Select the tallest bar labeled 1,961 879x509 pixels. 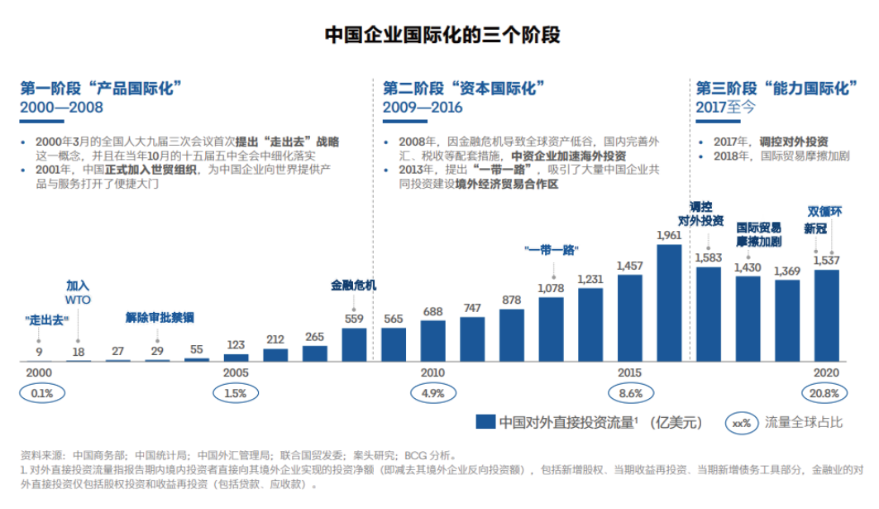tap(668, 302)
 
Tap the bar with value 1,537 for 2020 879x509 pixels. tap(826, 315)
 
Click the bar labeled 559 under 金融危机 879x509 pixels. tap(354, 344)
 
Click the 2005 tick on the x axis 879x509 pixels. tap(236, 372)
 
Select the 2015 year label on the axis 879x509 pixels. tap(629, 372)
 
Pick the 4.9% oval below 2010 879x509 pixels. tap(432, 393)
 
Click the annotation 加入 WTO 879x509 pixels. tap(79, 291)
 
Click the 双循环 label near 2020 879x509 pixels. tap(824, 211)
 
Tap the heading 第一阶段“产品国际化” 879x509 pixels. tap(101, 89)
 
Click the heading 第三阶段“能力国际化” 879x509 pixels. tap(776, 89)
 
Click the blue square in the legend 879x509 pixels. tap(486, 422)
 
